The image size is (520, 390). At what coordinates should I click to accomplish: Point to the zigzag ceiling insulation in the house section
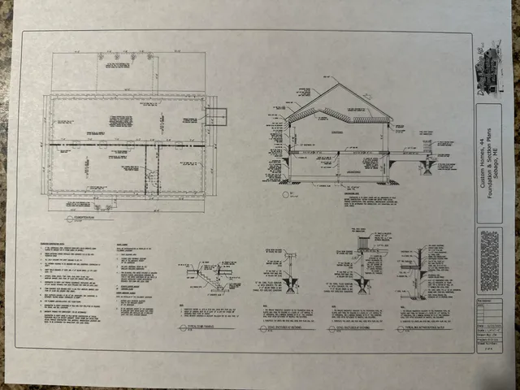click(x=338, y=112)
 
